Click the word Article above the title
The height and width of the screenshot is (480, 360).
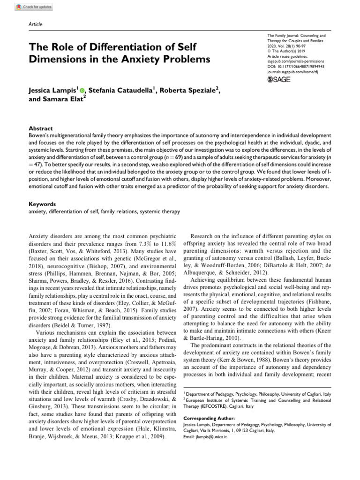tap(36, 24)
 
